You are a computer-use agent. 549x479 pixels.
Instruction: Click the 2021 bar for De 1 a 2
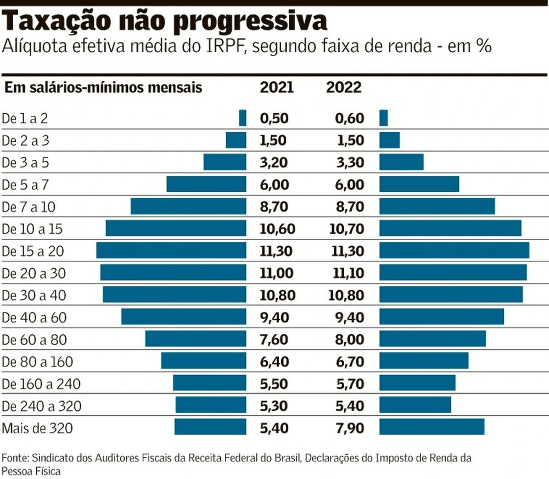(243, 118)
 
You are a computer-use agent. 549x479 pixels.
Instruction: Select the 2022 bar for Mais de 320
(432, 427)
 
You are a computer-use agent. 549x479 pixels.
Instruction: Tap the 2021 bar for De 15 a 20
(171, 250)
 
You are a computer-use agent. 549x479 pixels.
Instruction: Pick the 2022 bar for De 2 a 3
(389, 140)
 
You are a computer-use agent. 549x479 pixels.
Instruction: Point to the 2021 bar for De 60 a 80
(195, 339)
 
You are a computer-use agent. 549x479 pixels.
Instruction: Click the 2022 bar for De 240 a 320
(415, 405)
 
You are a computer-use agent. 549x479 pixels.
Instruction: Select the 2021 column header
(277, 87)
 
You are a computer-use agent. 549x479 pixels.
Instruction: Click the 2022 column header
(344, 87)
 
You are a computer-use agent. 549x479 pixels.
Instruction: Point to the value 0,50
(273, 118)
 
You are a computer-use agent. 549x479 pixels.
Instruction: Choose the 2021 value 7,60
(273, 339)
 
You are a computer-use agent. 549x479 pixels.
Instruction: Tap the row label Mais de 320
(37, 427)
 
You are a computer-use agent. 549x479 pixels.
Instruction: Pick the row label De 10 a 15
(33, 229)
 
